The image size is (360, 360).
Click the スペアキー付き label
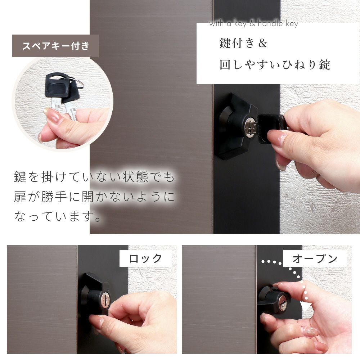coord(55,46)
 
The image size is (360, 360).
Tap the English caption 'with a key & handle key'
coord(254,23)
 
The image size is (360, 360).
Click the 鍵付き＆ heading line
coord(243,43)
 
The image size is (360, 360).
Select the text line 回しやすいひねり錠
coord(275,64)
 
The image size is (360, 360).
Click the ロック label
coord(145,258)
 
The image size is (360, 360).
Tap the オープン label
coord(315,258)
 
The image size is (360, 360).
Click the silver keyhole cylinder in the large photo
coord(249,128)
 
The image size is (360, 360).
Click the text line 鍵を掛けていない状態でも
coord(94,177)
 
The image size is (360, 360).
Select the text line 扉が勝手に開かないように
coord(94,197)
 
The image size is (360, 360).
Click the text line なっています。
coord(57,216)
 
